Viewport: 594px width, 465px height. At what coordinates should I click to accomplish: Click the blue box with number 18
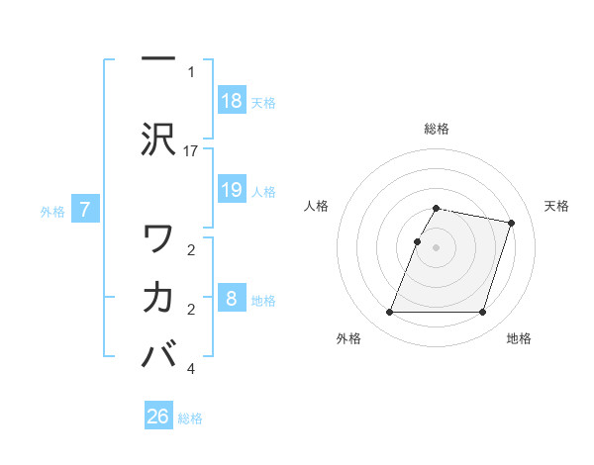click(x=232, y=101)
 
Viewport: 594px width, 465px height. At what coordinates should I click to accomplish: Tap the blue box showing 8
click(x=232, y=299)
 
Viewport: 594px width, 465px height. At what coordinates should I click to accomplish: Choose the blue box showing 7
click(x=86, y=209)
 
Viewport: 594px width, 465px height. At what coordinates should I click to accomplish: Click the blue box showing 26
click(x=158, y=417)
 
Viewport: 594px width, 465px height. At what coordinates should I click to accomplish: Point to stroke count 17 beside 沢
click(x=191, y=150)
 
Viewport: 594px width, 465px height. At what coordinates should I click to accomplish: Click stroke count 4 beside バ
click(x=191, y=369)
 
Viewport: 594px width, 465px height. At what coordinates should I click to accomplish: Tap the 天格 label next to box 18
click(x=263, y=102)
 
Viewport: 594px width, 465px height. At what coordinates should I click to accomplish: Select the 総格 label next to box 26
click(x=190, y=418)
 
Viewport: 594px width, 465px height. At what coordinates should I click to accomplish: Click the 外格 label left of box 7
click(x=52, y=210)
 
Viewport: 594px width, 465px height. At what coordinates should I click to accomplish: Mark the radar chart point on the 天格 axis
click(x=512, y=223)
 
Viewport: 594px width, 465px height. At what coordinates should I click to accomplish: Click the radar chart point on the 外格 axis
click(x=389, y=313)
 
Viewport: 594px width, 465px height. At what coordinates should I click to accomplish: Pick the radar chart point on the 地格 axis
click(x=482, y=313)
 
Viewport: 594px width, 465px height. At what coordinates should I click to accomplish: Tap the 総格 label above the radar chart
click(x=436, y=129)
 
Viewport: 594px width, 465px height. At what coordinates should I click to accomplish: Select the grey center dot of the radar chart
click(x=436, y=247)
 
